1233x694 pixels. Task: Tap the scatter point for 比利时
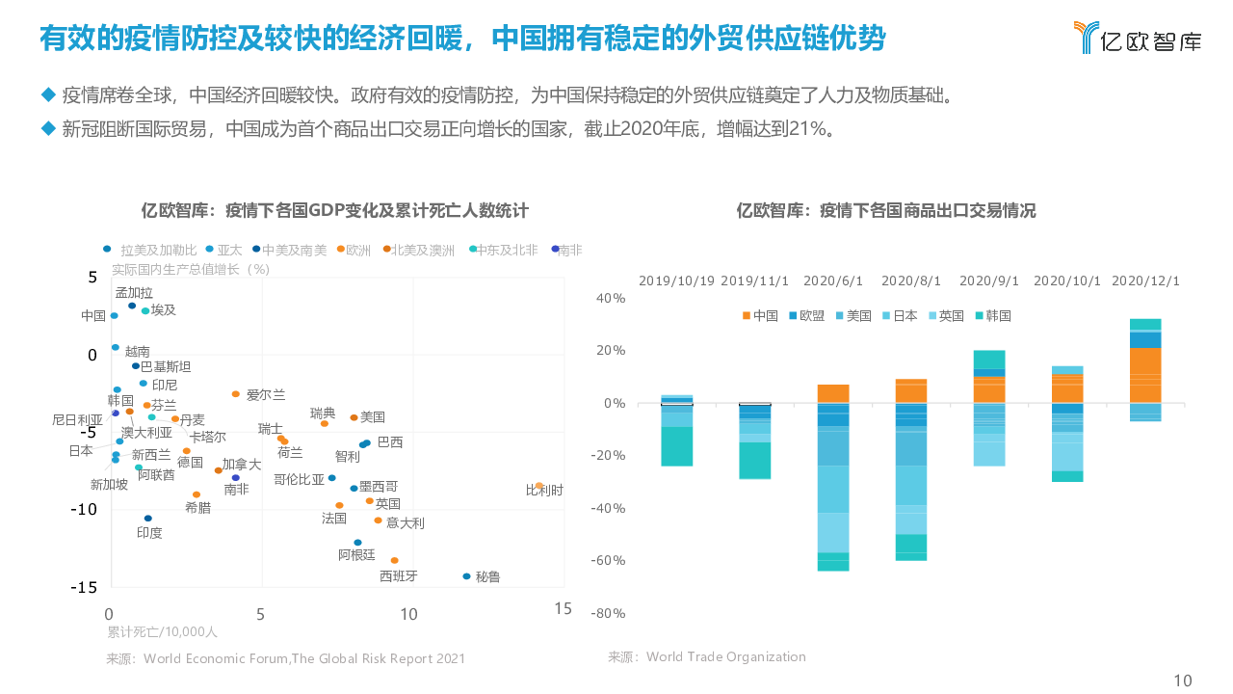(x=538, y=486)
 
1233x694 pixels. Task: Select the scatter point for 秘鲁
(x=467, y=576)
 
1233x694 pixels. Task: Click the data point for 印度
(x=147, y=519)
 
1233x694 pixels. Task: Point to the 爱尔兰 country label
(x=266, y=394)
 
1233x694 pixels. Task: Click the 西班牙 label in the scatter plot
(x=398, y=576)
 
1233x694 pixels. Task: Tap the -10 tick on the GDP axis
(x=86, y=509)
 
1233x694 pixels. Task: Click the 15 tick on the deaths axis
(x=563, y=608)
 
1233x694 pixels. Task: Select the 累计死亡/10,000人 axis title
(x=162, y=632)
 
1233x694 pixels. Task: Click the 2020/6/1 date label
(x=833, y=280)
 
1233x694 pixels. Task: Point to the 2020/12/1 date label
(x=1145, y=280)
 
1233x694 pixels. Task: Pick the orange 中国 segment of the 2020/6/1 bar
(x=833, y=393)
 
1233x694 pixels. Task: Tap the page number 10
(x=1182, y=681)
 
